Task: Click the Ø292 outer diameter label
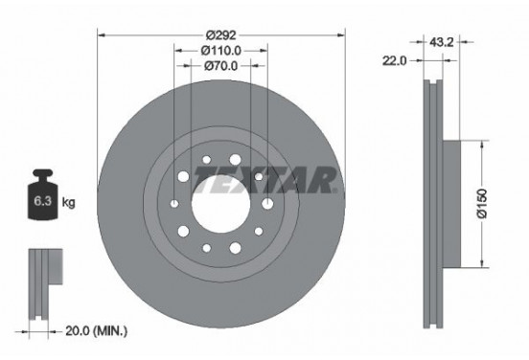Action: [x=220, y=35]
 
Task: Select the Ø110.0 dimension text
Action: [x=220, y=51]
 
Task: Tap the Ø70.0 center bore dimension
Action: [x=220, y=66]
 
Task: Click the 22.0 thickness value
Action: [x=396, y=59]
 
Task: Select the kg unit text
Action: [x=69, y=203]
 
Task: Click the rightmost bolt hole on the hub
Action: [x=267, y=202]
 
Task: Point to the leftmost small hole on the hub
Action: [x=172, y=203]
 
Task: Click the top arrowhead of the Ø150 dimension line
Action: [x=478, y=145]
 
